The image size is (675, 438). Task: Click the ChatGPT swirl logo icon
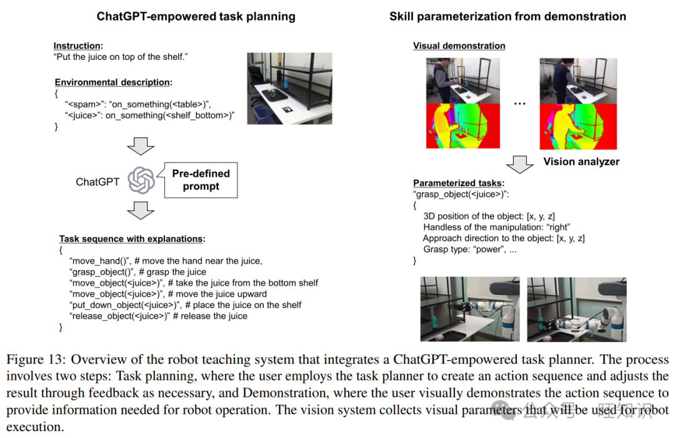tap(141, 181)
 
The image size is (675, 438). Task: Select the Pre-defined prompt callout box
tap(201, 180)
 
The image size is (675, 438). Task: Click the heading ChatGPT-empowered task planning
tap(196, 17)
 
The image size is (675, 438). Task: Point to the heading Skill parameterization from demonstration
tap(507, 17)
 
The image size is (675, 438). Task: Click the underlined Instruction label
tap(77, 46)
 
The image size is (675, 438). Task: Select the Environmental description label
tap(112, 82)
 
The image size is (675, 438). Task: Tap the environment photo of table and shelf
tap(289, 87)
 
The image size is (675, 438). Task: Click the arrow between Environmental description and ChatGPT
tap(141, 146)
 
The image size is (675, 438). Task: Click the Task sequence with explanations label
tap(132, 239)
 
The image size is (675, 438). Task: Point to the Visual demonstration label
tap(459, 46)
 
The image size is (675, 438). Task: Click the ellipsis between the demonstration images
tap(520, 103)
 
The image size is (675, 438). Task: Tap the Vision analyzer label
tap(581, 162)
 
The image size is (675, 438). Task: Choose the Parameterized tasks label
tap(458, 183)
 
